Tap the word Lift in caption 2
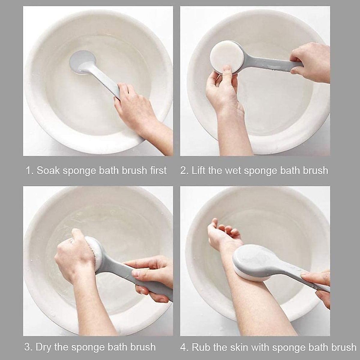[x=198, y=170]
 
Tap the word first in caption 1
[x=158, y=170]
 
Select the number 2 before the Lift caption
[x=183, y=170]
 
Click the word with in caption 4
[x=261, y=347]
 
